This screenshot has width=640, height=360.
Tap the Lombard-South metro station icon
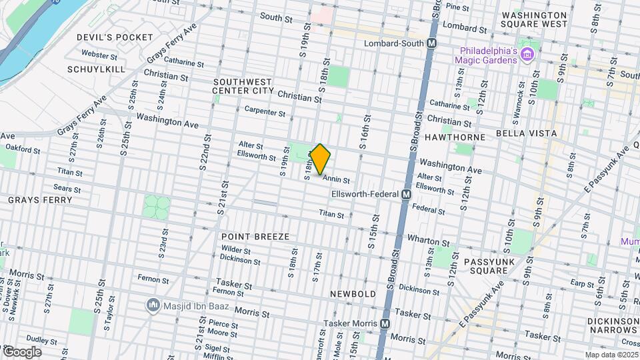(x=432, y=43)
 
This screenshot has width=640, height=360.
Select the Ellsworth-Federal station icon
(x=405, y=194)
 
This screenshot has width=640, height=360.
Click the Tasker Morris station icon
(x=385, y=323)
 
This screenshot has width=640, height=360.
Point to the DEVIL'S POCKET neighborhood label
(x=115, y=37)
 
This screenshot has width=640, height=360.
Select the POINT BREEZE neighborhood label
(x=255, y=237)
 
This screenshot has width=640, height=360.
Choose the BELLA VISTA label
(x=526, y=133)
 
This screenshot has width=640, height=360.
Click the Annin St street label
(x=336, y=179)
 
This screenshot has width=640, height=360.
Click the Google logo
(x=22, y=351)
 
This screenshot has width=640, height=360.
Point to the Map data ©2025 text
(x=610, y=355)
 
